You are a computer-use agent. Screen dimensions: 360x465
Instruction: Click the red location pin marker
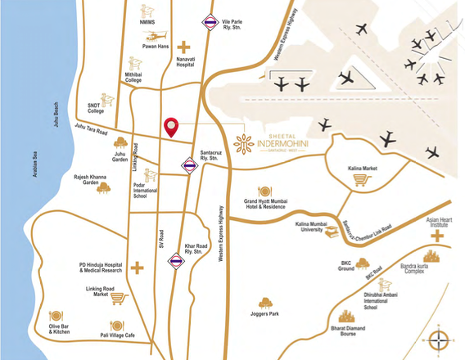click(x=171, y=127)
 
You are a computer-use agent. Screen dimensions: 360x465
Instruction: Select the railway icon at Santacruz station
click(x=190, y=165)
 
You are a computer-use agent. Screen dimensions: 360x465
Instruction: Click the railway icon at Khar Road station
click(x=175, y=262)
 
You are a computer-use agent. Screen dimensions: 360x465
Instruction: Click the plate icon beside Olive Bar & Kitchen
click(x=56, y=316)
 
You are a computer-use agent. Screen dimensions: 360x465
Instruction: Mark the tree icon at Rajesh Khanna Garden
click(x=103, y=188)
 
